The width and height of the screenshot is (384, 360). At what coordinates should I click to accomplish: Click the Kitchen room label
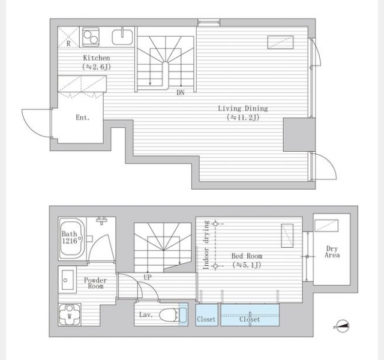click(x=97, y=58)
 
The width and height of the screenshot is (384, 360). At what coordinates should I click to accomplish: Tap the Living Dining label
click(x=243, y=108)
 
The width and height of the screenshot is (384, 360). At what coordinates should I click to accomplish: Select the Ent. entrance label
click(x=83, y=118)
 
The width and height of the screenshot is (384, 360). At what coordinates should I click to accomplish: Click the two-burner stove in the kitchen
click(x=91, y=37)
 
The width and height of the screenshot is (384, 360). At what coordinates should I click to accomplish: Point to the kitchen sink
click(x=122, y=37)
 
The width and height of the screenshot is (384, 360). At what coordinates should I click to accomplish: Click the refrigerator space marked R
click(x=68, y=37)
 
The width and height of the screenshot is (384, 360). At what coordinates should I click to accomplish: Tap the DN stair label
click(x=180, y=93)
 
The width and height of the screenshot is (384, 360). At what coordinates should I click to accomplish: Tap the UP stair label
click(x=148, y=277)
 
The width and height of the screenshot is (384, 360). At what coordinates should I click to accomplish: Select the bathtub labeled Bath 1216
click(x=72, y=238)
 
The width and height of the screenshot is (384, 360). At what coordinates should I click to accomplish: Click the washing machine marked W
click(x=70, y=314)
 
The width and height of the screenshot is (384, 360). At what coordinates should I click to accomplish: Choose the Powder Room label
click(x=95, y=283)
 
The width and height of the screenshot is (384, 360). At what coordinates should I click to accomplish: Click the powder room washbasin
click(x=67, y=280)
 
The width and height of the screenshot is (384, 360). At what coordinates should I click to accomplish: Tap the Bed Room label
click(x=247, y=256)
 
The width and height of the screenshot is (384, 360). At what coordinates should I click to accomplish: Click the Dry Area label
click(x=332, y=252)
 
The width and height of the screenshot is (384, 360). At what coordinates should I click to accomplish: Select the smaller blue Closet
click(x=206, y=314)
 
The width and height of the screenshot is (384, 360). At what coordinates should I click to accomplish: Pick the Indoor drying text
click(x=206, y=245)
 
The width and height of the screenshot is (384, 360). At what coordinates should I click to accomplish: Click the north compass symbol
click(x=342, y=326)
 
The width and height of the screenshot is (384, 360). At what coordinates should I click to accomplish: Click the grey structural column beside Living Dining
click(x=299, y=134)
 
